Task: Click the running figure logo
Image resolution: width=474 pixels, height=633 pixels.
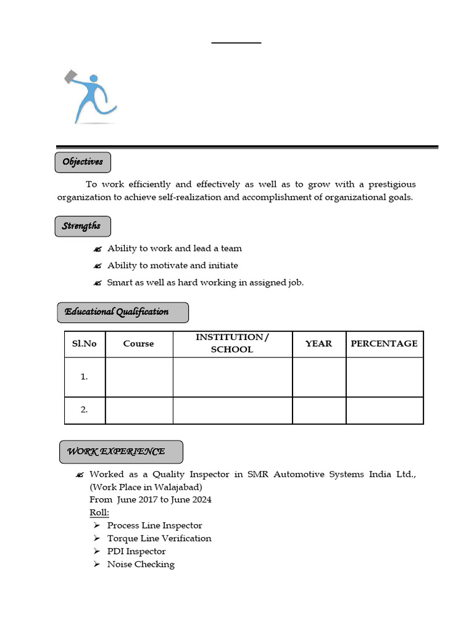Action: click(91, 97)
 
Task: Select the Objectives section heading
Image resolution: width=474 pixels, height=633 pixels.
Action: click(83, 162)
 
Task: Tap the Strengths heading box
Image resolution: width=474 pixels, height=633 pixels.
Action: click(82, 226)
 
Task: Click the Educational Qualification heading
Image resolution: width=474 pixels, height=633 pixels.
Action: click(122, 312)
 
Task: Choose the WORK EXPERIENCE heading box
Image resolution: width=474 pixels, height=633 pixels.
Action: click(121, 452)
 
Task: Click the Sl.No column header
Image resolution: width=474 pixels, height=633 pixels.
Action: click(85, 344)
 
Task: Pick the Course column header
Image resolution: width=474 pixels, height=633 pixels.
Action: click(138, 344)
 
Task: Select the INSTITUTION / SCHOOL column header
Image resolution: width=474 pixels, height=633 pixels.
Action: click(232, 343)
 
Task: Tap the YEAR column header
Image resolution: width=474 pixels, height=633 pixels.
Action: click(318, 344)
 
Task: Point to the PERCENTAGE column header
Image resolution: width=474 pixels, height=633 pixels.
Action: click(384, 344)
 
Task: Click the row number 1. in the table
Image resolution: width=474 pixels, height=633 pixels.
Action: click(85, 376)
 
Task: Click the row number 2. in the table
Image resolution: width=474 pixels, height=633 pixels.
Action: click(85, 410)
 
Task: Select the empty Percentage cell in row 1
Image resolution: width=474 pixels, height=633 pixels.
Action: click(384, 376)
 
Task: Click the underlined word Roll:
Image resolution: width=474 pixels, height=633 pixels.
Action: click(99, 512)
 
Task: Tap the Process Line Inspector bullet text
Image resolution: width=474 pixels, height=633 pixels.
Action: click(154, 525)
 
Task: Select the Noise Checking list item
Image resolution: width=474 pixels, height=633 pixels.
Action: click(141, 564)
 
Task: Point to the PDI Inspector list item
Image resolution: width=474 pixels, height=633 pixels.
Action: click(136, 551)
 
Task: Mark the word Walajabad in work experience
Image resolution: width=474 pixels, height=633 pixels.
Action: click(176, 487)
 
